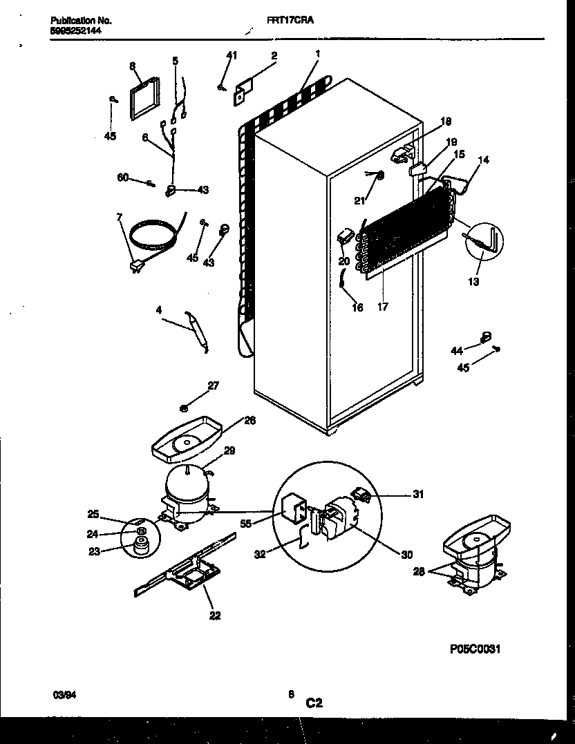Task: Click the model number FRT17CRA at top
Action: click(290, 21)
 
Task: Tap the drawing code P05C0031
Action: click(475, 649)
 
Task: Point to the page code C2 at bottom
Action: click(314, 703)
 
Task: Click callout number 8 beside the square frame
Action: click(131, 66)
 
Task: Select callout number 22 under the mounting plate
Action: click(214, 616)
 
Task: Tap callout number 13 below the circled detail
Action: click(473, 282)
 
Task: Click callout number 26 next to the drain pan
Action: click(249, 420)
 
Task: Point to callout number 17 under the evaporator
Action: click(383, 307)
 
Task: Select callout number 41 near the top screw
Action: click(232, 55)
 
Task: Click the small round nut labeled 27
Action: click(186, 408)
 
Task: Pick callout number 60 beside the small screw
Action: click(124, 178)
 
